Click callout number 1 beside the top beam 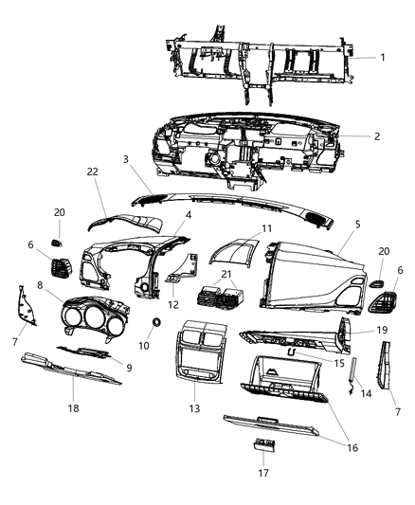click(x=382, y=57)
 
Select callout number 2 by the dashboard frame click(x=376, y=136)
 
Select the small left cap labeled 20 click(x=59, y=230)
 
